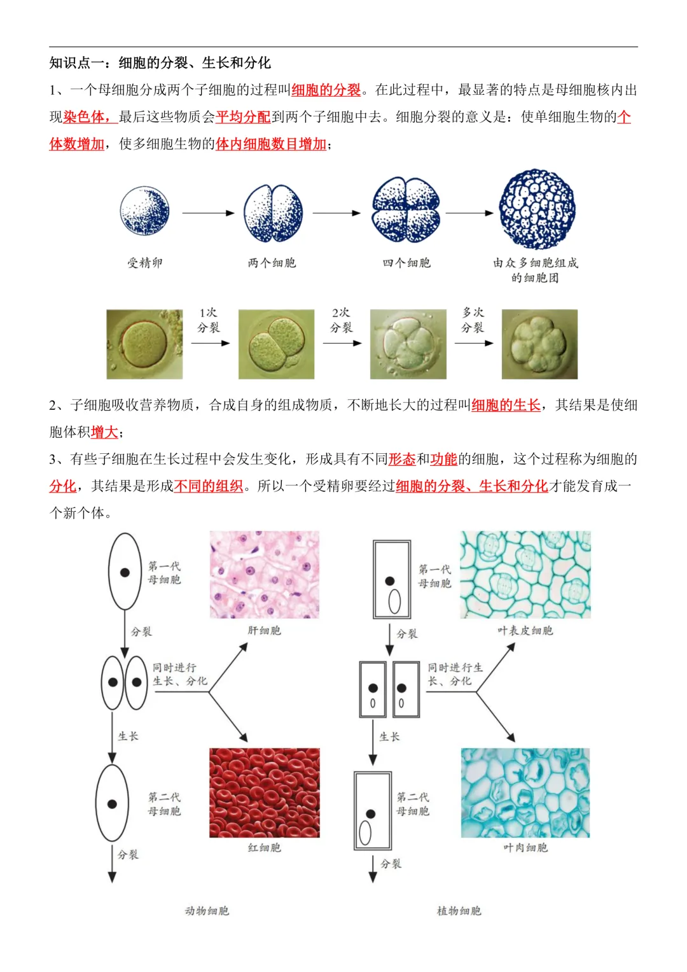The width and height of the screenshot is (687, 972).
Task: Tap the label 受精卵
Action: (145, 263)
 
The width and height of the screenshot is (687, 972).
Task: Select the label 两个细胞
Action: (272, 263)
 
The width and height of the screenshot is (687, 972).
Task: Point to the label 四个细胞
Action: (406, 263)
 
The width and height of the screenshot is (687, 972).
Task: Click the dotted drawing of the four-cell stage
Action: (406, 210)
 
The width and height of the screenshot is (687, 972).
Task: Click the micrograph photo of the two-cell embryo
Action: (276, 344)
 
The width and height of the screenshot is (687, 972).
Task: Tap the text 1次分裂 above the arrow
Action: (209, 320)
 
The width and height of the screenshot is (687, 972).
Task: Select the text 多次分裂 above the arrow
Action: (473, 320)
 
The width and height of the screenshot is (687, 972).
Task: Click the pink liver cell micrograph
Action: (265, 575)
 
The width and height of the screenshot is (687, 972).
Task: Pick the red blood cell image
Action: (265, 792)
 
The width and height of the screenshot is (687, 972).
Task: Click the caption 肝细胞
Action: (265, 631)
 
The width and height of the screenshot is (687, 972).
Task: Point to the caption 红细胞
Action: (265, 848)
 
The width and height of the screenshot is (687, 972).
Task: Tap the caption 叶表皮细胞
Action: (525, 631)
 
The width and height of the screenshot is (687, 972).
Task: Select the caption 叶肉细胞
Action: (525, 848)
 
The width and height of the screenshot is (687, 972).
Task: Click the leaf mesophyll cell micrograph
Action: (525, 792)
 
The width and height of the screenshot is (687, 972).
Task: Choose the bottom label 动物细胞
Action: (207, 911)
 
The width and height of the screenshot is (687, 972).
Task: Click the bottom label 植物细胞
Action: (459, 911)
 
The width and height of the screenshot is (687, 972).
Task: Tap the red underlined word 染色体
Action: (84, 117)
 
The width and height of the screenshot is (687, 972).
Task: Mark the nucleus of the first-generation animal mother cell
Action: (125, 573)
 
